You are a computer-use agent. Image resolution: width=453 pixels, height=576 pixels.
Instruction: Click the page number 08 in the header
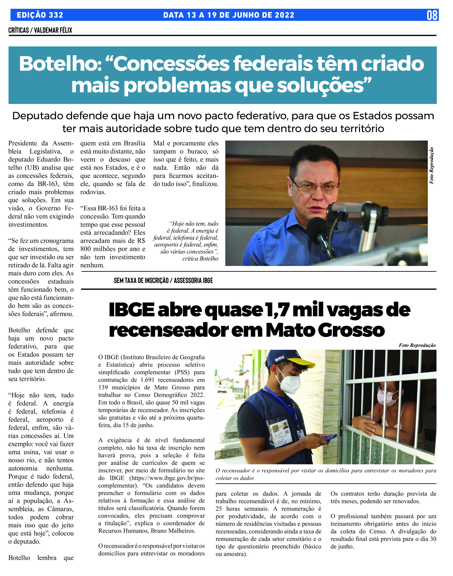(432, 15)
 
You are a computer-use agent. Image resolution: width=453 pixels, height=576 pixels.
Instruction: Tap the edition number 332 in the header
(56, 15)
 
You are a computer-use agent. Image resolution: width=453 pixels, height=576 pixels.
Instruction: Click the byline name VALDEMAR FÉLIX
(53, 30)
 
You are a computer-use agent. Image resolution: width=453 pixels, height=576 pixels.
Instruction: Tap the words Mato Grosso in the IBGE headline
(325, 330)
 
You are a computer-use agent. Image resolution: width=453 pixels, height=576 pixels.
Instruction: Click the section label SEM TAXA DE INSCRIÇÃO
(141, 280)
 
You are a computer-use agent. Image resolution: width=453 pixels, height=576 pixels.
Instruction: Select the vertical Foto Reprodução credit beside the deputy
(431, 166)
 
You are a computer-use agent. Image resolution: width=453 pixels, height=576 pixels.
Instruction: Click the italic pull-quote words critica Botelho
(200, 259)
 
